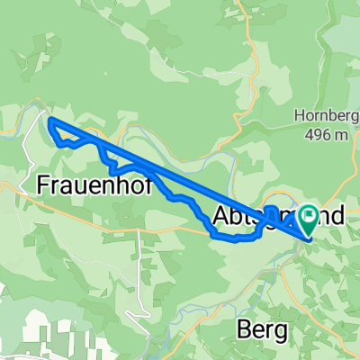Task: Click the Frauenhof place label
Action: click(x=98, y=184)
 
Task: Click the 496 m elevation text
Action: click(x=325, y=135)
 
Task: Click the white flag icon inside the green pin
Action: click(x=309, y=214)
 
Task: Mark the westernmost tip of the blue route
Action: click(x=49, y=121)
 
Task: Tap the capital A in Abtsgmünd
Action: click(x=224, y=216)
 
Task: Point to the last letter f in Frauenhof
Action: click(x=157, y=184)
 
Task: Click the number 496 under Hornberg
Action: click(x=318, y=135)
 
